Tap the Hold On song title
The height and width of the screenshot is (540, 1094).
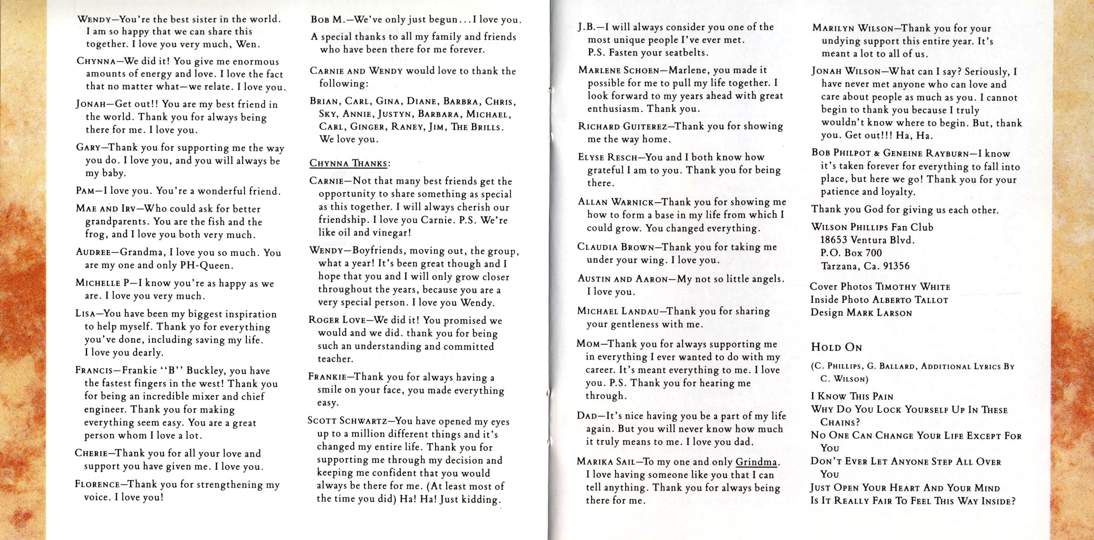click(836, 347)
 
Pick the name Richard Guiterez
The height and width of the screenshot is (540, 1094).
click(624, 126)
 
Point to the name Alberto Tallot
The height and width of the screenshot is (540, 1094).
click(910, 300)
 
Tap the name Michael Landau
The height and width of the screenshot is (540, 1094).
click(618, 311)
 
